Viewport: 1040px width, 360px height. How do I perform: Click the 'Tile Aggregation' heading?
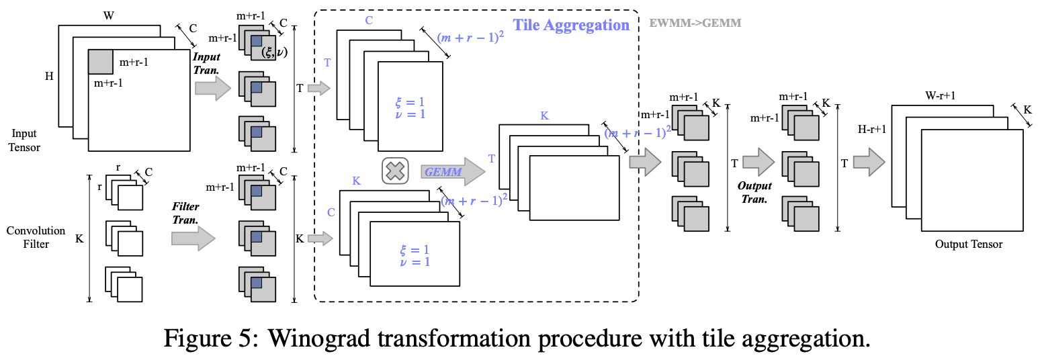click(571, 26)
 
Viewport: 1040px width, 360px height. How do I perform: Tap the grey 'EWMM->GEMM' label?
click(695, 23)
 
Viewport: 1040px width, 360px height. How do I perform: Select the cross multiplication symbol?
click(396, 171)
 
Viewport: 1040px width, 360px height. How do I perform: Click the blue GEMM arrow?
click(453, 172)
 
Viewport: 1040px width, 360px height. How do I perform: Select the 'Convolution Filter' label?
click(36, 237)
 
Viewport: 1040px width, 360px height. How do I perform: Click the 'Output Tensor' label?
click(968, 244)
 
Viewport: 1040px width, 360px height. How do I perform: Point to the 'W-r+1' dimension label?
click(941, 95)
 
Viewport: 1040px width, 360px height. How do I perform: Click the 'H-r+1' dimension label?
click(871, 128)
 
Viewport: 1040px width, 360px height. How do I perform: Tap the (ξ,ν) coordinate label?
click(273, 53)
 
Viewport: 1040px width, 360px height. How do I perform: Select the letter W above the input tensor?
click(108, 13)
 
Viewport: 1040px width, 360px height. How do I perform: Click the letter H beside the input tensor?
click(49, 77)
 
